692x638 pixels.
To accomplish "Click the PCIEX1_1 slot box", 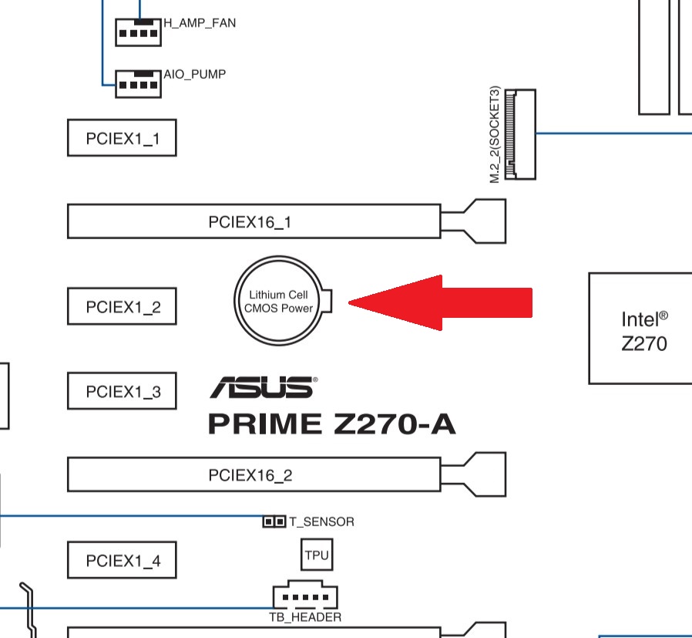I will click(x=122, y=138).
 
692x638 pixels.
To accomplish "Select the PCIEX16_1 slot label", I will click(x=250, y=222).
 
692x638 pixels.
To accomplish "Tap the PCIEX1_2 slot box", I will click(x=122, y=307).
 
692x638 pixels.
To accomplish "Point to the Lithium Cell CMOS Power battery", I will click(x=282, y=301).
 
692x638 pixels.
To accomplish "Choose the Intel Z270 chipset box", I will click(x=641, y=328).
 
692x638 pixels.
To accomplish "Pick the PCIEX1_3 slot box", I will click(x=122, y=390).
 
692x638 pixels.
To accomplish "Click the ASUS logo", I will click(x=263, y=387).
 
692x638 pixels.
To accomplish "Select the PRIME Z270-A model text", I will click(x=331, y=423).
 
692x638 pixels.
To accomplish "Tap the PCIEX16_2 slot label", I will click(x=250, y=474).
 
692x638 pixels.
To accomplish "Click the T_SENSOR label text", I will click(x=321, y=522).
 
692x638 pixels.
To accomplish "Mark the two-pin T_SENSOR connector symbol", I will click(x=274, y=522).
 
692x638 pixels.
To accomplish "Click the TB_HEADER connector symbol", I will click(x=305, y=596).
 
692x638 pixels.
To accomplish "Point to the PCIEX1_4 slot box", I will click(x=122, y=560).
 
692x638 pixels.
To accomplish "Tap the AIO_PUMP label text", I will click(x=195, y=75).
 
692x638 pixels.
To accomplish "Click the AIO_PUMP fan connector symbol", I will click(x=139, y=83).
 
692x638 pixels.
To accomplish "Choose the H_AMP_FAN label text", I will click(x=200, y=22).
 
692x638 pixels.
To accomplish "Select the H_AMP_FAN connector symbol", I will click(x=139, y=31).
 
